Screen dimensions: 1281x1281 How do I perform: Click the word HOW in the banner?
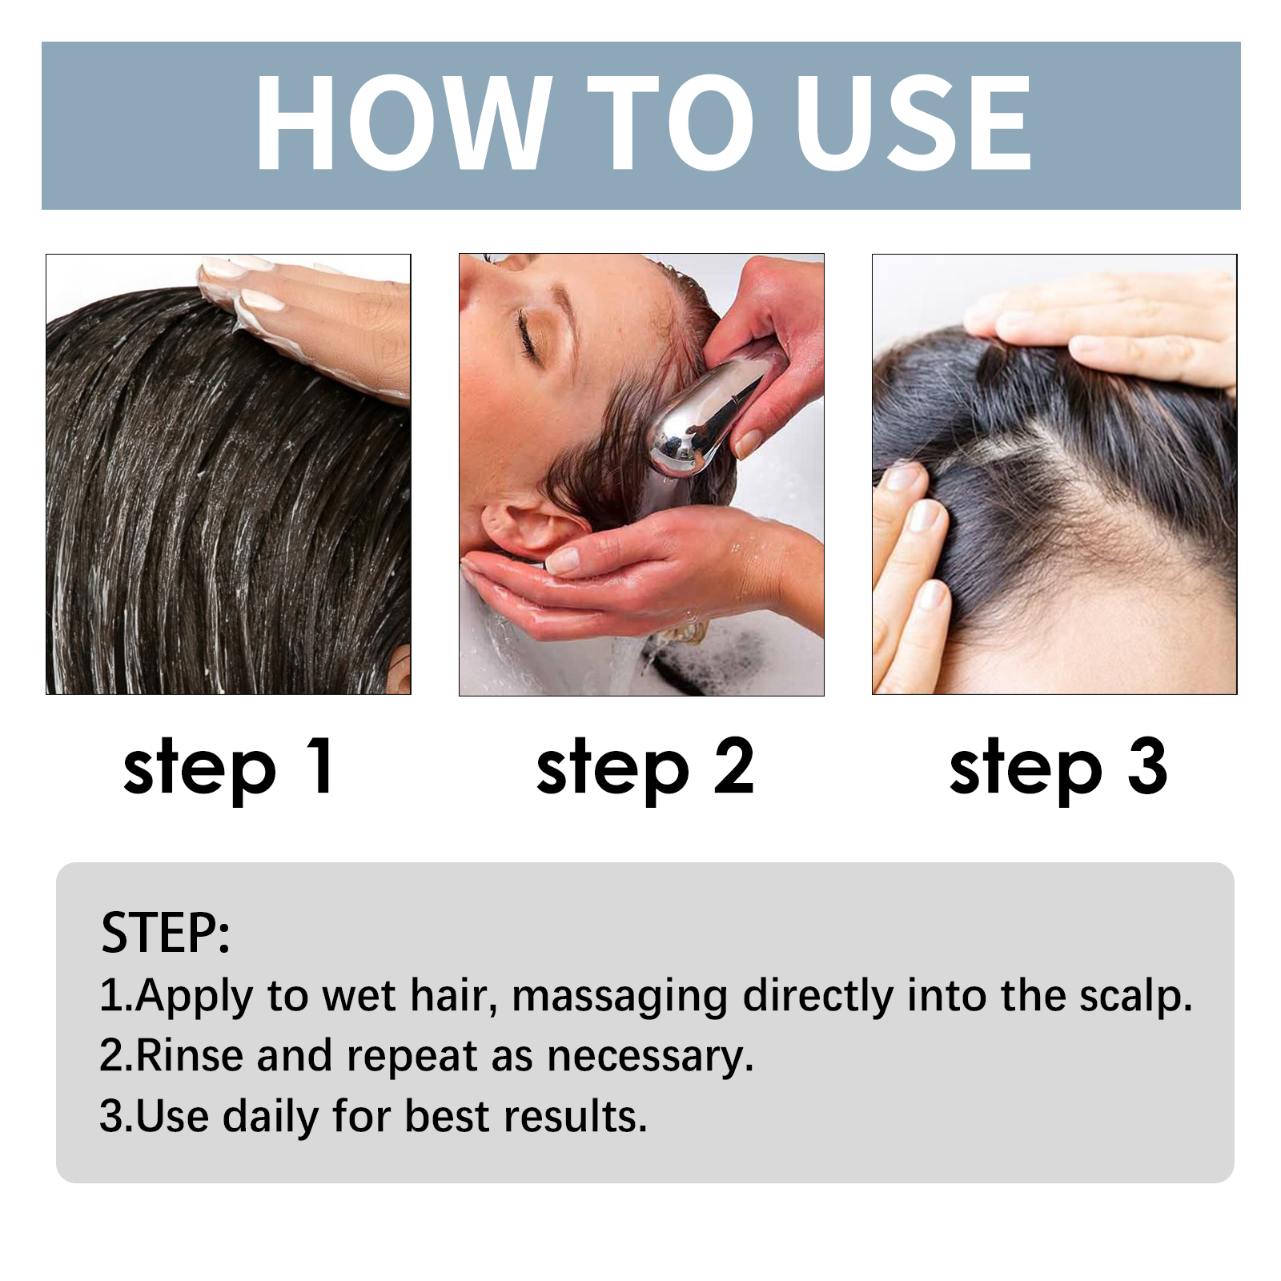point(403,123)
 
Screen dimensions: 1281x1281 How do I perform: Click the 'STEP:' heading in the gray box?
point(166,933)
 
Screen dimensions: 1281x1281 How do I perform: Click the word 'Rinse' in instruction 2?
point(189,1055)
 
